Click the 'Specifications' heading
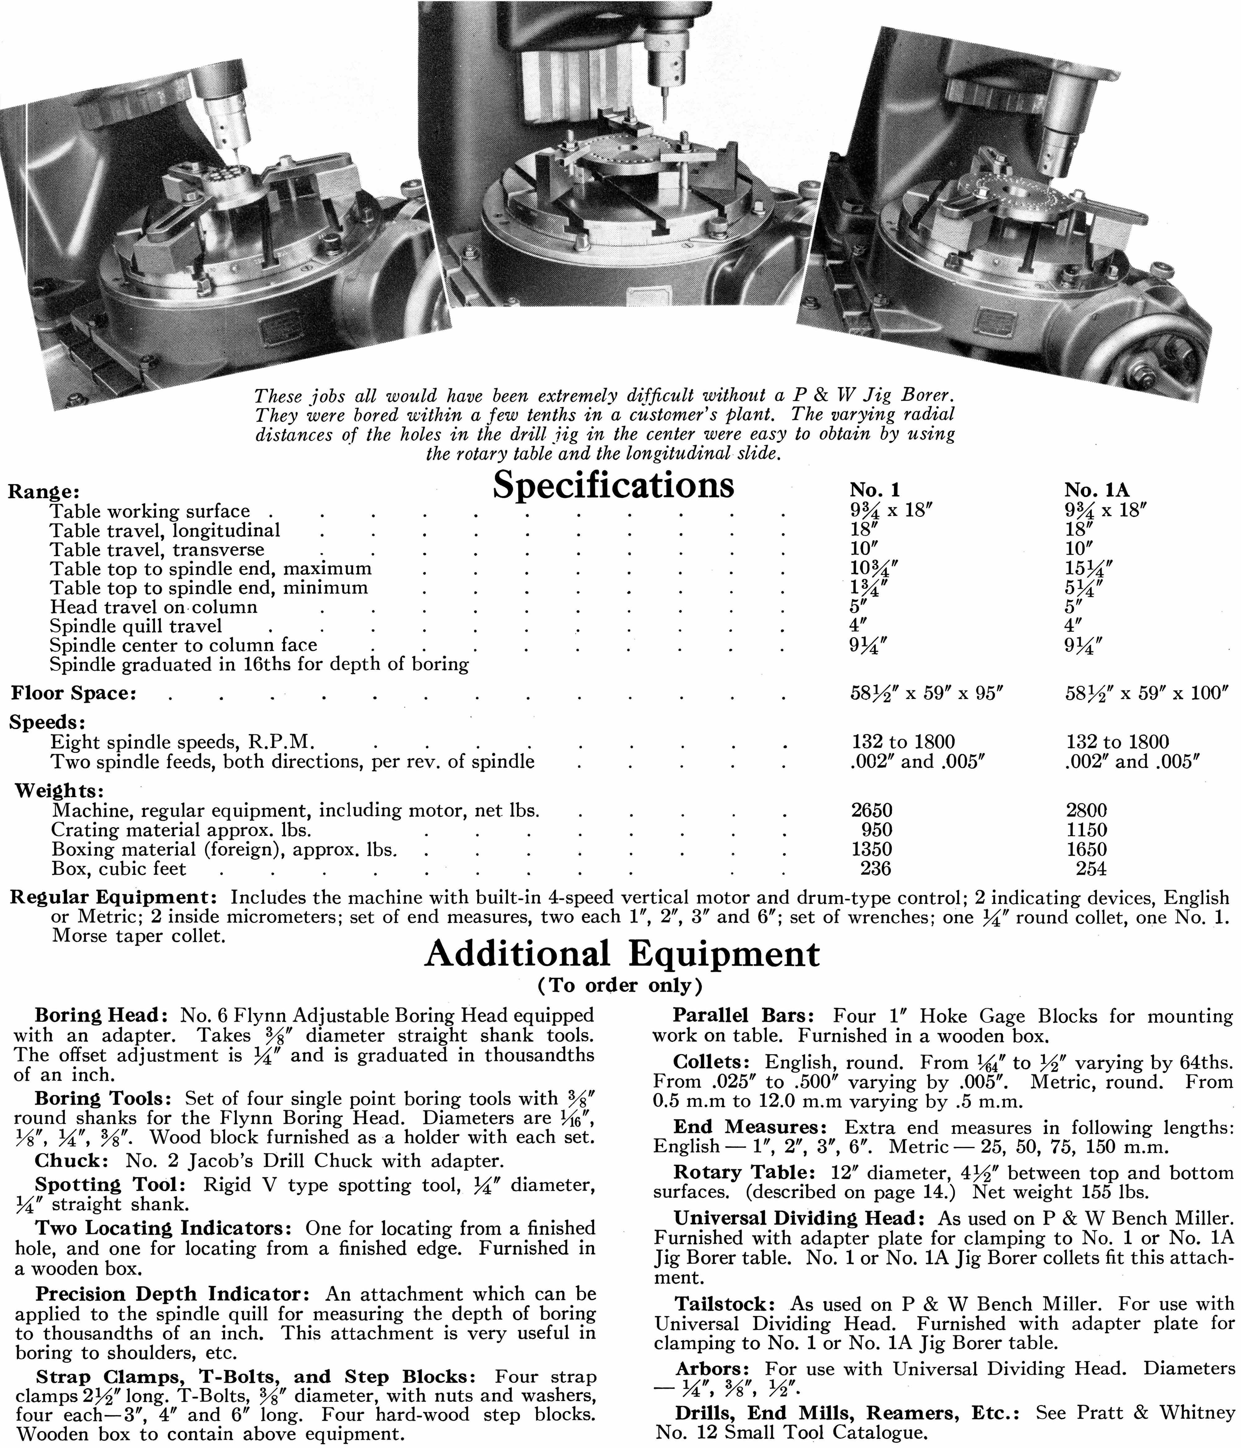pyautogui.click(x=613, y=485)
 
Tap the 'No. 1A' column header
pyautogui.click(x=1096, y=490)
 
